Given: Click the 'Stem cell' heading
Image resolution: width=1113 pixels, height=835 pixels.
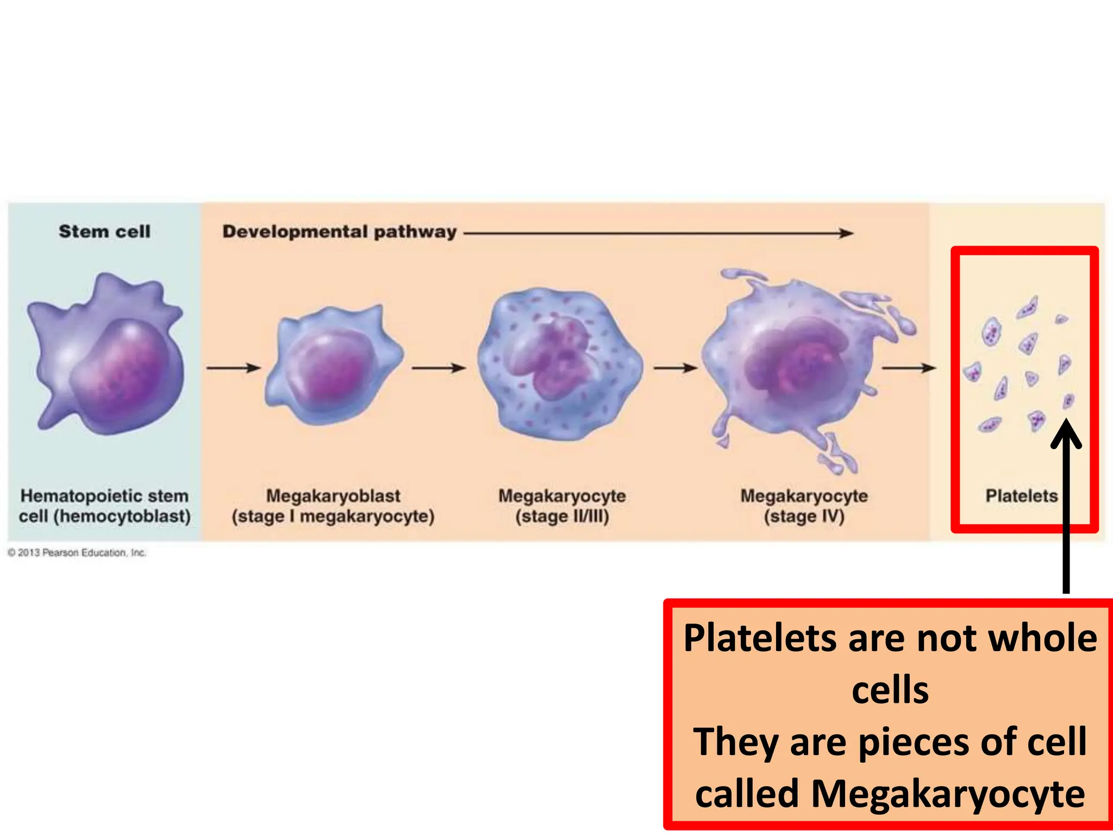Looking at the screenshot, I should click(104, 232).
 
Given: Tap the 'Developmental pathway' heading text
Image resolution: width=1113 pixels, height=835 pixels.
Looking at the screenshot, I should click(339, 232).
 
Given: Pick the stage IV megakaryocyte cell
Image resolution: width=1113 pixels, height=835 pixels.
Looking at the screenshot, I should click(799, 364).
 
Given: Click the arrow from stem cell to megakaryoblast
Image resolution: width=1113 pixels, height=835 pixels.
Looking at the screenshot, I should click(234, 368).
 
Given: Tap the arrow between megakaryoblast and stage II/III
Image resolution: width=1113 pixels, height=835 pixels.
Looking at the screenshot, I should click(439, 368).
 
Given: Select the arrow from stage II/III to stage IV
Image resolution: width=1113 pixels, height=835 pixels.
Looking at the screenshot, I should click(676, 368).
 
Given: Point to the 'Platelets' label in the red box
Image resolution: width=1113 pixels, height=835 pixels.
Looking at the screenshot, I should click(1021, 496).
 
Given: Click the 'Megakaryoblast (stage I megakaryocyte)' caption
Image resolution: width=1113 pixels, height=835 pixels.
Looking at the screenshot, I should click(333, 506).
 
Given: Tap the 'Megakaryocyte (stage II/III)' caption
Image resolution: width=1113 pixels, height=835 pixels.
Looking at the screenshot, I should click(562, 506).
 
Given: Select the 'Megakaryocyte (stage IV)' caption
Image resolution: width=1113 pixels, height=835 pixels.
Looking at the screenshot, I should click(804, 506).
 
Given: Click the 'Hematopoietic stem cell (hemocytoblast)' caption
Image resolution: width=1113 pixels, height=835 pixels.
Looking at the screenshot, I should click(104, 506).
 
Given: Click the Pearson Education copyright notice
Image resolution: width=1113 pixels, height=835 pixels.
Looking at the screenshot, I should click(77, 553).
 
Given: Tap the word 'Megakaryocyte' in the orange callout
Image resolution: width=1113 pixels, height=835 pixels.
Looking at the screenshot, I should click(948, 794).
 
